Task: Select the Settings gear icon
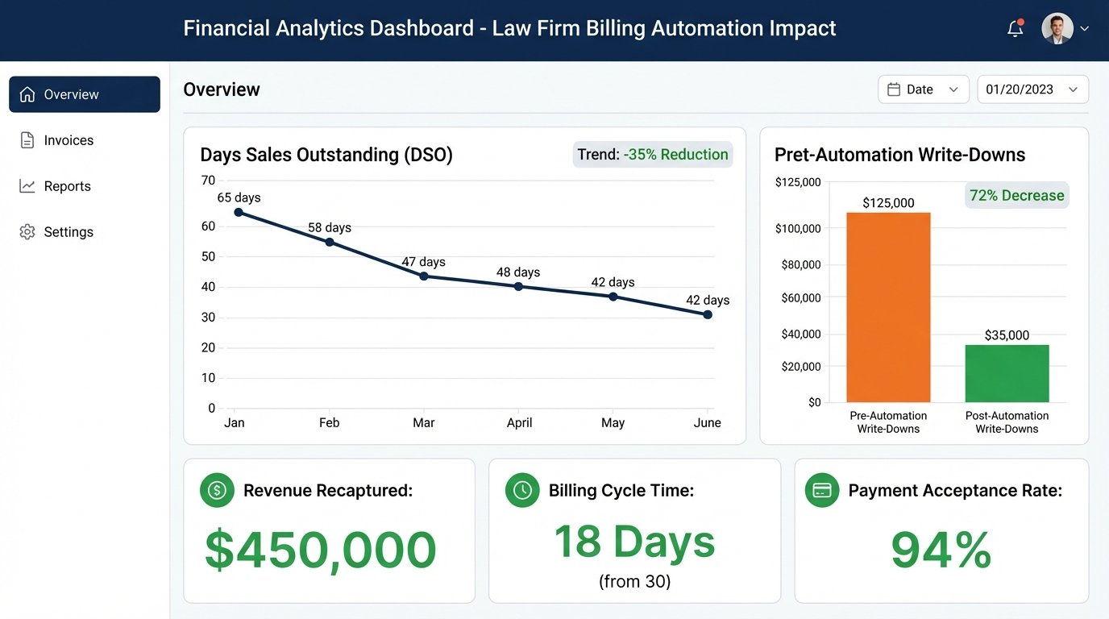27,232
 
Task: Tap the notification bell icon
1016,29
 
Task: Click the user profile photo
1057,28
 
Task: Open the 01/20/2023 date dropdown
1032,89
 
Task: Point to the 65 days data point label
239,197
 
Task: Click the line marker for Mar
424,276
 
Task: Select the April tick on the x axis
519,422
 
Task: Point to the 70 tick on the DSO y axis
208,180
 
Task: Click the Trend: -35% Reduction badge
652,155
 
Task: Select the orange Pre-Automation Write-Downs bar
888,307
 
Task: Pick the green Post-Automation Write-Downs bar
1007,373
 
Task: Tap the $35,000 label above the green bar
1007,335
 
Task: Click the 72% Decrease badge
1016,195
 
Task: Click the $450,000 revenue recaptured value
320,550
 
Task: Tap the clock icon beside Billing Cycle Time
521,490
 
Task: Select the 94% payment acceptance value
941,550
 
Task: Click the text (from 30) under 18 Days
634,581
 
